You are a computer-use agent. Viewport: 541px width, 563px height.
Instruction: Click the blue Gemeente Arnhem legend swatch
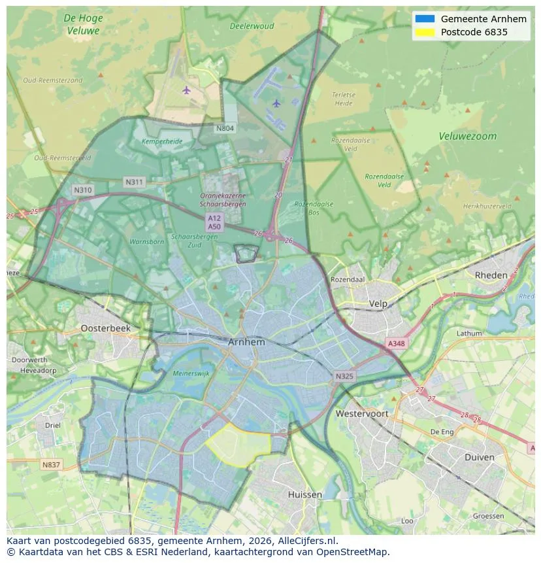tap(424, 19)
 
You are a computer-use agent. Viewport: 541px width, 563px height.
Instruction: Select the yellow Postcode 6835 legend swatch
tap(424, 32)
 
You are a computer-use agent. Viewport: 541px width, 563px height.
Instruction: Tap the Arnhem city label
tap(246, 342)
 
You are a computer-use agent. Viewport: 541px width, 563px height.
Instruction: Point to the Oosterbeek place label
tap(105, 328)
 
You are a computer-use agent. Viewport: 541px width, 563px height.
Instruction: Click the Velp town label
tap(378, 303)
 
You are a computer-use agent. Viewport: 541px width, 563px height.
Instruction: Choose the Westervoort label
tap(361, 413)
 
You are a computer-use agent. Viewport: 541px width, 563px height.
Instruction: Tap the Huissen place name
tap(304, 494)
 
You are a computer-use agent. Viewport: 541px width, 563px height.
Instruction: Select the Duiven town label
tap(479, 457)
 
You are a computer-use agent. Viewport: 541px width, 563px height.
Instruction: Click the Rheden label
tap(491, 275)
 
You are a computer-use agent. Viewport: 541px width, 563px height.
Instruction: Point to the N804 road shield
tap(225, 128)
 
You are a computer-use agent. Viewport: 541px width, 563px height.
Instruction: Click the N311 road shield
tap(134, 182)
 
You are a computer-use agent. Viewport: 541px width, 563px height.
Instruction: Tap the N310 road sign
tap(83, 190)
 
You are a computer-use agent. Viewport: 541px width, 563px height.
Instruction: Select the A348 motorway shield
tap(396, 343)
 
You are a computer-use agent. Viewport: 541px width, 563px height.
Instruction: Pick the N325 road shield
tap(344, 377)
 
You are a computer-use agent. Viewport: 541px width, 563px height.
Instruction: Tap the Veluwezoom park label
tap(467, 137)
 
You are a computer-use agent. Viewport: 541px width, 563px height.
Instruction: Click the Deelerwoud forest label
tap(252, 27)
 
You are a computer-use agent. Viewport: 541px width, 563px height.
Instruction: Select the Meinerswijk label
tap(191, 373)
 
